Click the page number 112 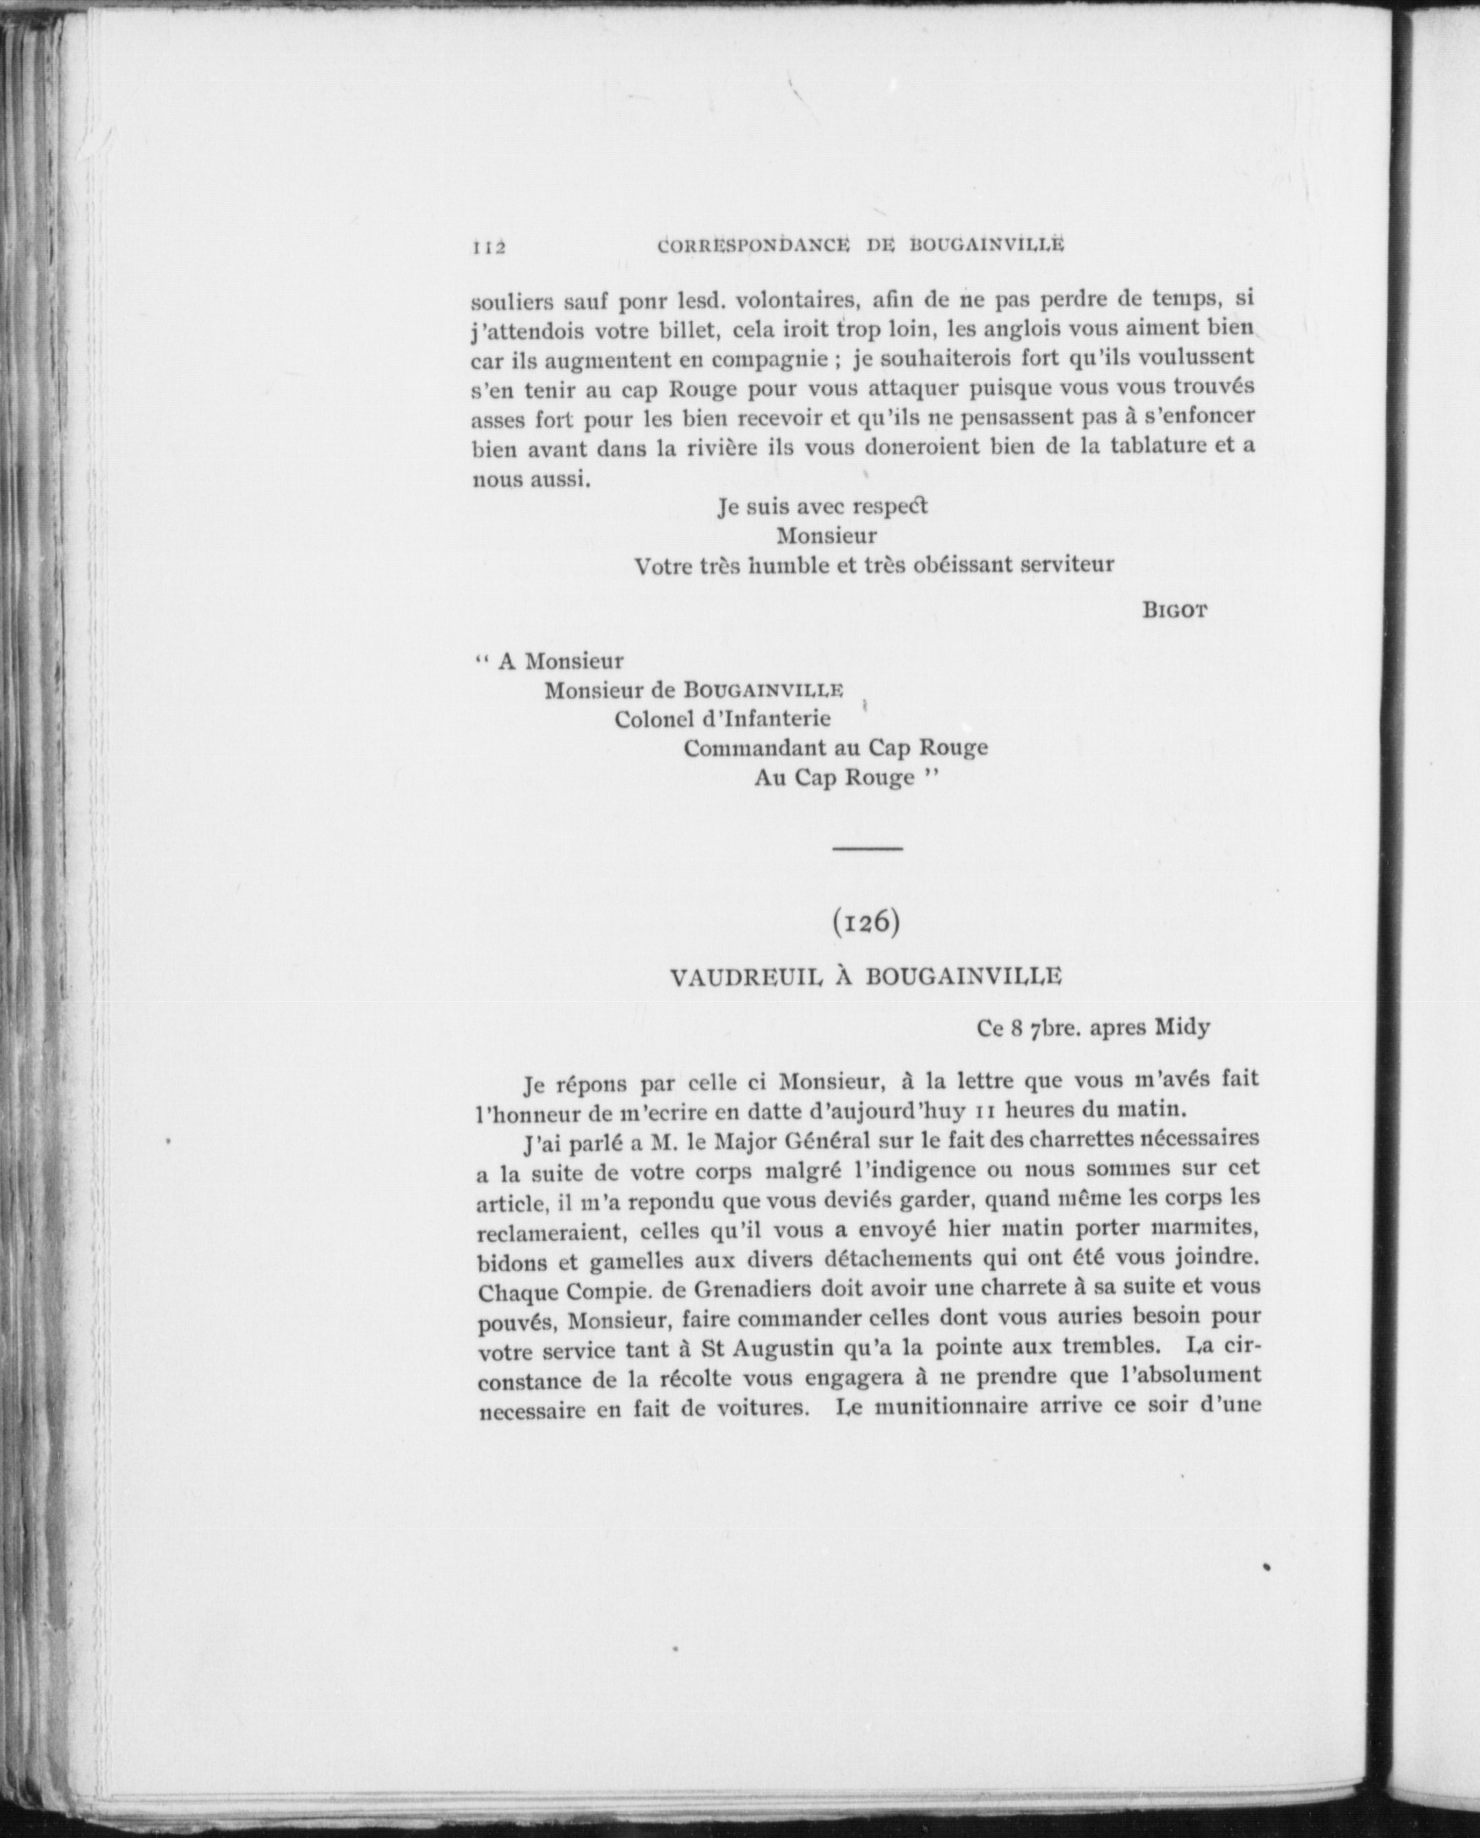point(489,247)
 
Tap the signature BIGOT point(1175,610)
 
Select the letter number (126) point(866,924)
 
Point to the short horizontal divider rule point(867,849)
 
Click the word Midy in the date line point(1182,1027)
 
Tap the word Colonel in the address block point(649,719)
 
